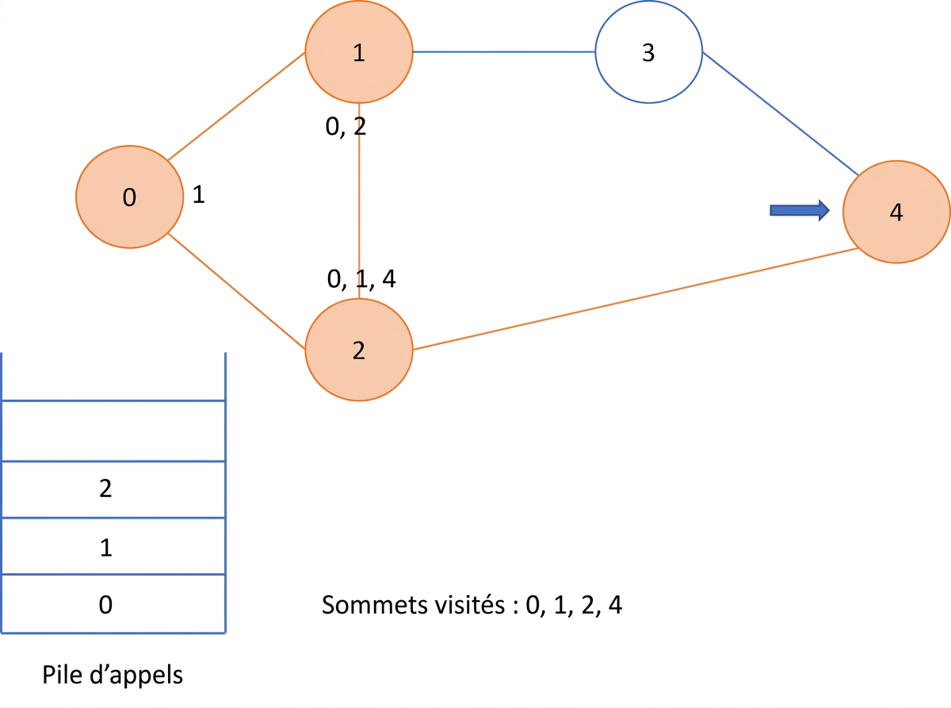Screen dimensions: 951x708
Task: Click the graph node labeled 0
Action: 129,197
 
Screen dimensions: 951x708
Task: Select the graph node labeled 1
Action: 359,52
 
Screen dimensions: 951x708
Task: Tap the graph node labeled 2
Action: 359,350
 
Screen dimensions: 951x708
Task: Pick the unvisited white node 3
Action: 649,52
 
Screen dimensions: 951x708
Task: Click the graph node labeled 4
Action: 896,212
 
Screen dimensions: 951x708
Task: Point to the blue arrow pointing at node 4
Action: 800,210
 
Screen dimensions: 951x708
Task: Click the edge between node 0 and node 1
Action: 236,106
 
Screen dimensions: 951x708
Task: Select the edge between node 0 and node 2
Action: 236,291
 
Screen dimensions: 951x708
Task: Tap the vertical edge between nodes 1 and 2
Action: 359,201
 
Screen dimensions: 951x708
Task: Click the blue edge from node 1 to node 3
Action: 504,52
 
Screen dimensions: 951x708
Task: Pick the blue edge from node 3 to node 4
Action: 781,113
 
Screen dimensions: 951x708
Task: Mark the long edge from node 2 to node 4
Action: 635,299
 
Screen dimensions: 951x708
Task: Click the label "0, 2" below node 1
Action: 346,127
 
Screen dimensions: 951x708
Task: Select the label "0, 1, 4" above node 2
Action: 361,279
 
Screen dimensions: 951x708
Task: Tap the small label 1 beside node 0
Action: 198,194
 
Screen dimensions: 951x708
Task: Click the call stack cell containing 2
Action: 113,490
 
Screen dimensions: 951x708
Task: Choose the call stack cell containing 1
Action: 113,546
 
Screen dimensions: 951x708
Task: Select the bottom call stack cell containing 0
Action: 113,603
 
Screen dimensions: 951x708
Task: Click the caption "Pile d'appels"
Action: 113,675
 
